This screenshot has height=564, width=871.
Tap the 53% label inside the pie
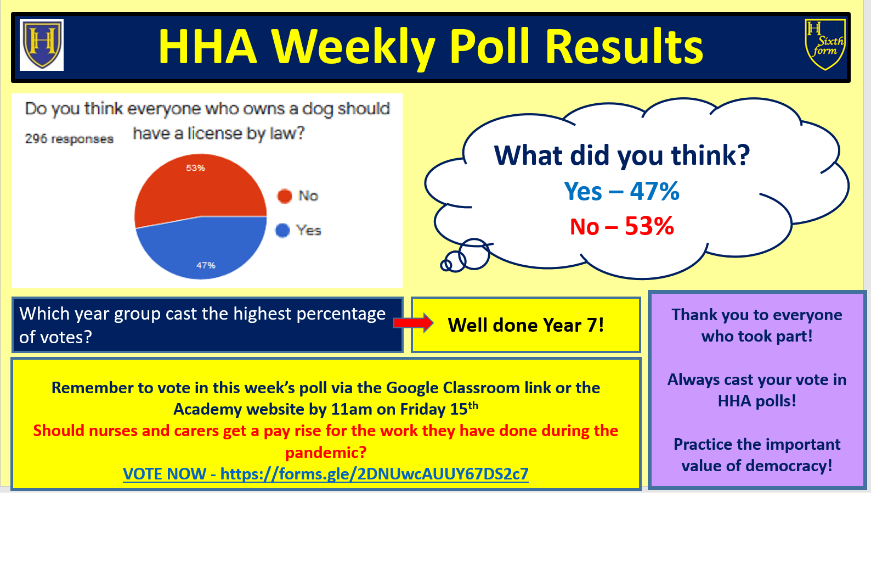(195, 167)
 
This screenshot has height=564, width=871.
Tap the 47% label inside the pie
(206, 265)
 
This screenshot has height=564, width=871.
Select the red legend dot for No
(285, 196)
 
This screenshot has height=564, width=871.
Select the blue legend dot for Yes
(282, 230)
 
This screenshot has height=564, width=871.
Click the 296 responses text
(69, 138)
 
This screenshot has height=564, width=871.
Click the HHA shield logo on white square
(42, 45)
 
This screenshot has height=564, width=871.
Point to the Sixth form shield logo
(825, 44)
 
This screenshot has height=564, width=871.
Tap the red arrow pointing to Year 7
(414, 323)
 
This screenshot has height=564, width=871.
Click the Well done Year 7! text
(525, 325)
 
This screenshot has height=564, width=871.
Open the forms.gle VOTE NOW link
(325, 474)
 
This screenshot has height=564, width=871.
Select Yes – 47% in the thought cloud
(621, 191)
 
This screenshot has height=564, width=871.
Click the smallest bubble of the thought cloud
(446, 265)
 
